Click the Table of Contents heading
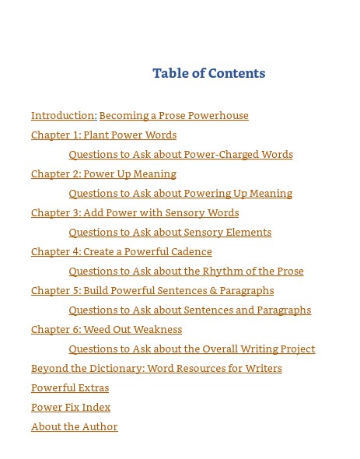coord(208,73)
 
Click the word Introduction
coord(64,116)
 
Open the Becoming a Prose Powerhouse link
coord(173,116)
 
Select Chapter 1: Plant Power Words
coord(103,135)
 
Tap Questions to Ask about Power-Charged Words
coord(180,155)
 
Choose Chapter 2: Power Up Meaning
coord(103,174)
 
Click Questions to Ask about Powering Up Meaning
coord(180,194)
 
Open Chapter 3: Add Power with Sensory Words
coord(135,213)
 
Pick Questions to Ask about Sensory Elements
coord(170,233)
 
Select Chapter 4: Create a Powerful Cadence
coord(121,252)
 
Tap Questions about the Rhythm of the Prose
coord(186,272)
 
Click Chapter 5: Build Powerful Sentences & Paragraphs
coord(152,291)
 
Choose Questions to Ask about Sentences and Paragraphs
coord(190,310)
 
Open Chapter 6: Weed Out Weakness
coord(107,330)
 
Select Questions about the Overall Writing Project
coord(191,349)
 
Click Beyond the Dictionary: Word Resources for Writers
coord(156,369)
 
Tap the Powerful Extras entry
coord(70,388)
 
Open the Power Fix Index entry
coord(71,408)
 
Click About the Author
coord(74,427)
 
